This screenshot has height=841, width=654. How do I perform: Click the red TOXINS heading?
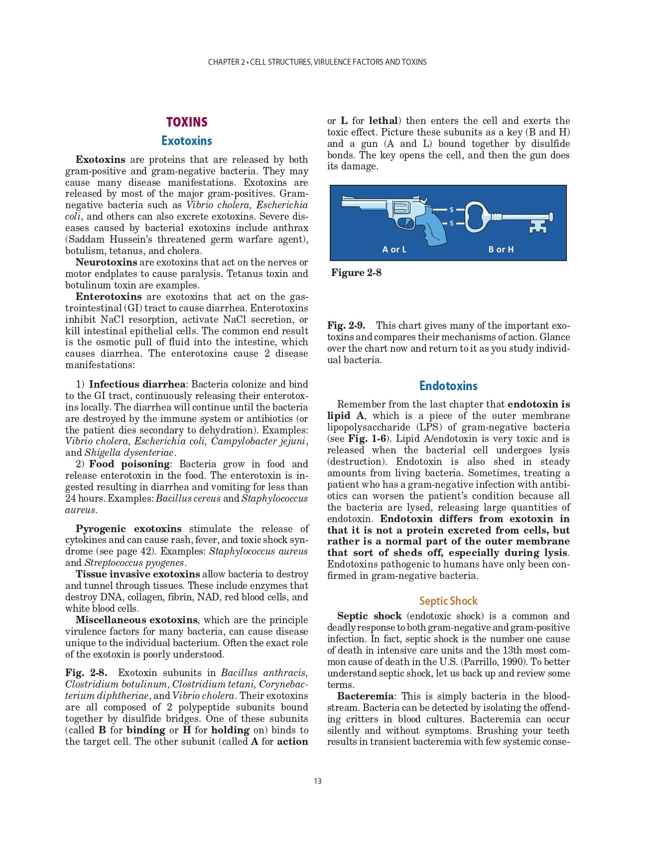click(x=187, y=122)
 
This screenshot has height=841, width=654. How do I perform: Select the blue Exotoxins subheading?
click(x=187, y=141)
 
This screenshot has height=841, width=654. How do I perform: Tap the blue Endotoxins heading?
click(x=448, y=386)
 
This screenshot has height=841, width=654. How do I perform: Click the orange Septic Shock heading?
click(x=448, y=601)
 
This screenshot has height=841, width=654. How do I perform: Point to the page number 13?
click(x=318, y=781)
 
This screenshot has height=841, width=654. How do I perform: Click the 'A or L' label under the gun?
click(x=394, y=249)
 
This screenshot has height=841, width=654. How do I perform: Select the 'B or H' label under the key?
click(x=501, y=249)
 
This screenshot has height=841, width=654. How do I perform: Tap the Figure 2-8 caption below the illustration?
click(x=356, y=273)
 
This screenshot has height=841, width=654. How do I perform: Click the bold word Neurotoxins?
click(x=106, y=263)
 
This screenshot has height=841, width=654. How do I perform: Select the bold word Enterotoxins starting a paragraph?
click(x=109, y=297)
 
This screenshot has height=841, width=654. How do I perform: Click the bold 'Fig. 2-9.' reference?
click(x=346, y=325)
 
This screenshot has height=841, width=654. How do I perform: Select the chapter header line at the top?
click(x=317, y=62)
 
